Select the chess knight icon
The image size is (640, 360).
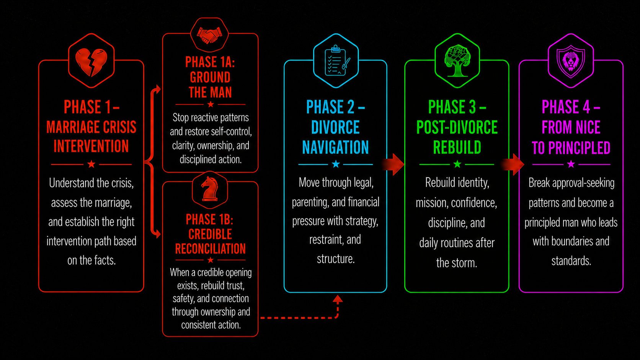pos(210,189)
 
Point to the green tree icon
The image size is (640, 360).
pos(457,61)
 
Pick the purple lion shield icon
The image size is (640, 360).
pos(571,61)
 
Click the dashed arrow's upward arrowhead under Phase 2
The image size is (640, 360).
pos(338,300)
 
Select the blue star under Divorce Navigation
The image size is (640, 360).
pos(336,164)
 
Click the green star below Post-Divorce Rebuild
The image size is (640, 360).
pos(457,164)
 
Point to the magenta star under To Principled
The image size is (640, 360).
pos(571,164)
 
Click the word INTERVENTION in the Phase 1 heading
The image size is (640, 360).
pos(91,146)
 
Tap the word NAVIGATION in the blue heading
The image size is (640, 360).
pos(335,147)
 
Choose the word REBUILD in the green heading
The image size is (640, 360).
pos(457,147)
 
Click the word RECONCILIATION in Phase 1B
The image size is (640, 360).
pos(210,249)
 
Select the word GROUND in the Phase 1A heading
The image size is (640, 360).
pos(210,77)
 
